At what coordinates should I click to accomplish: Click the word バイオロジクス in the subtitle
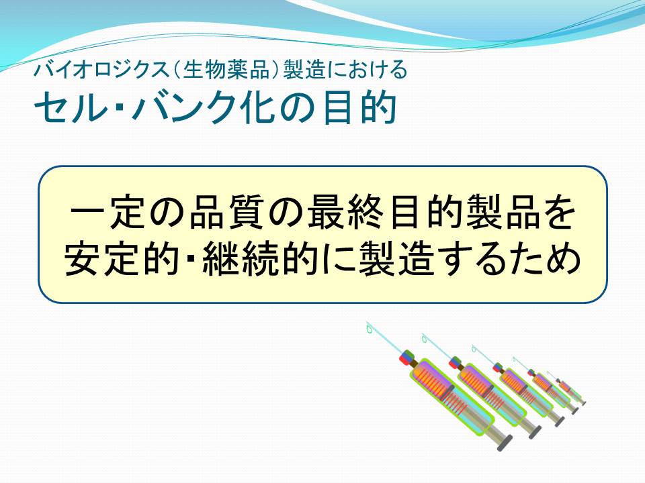click(101, 69)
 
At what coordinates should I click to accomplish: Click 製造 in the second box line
click(397, 258)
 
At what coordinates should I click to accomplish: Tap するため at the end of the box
click(509, 258)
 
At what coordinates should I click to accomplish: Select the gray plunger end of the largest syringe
click(505, 443)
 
